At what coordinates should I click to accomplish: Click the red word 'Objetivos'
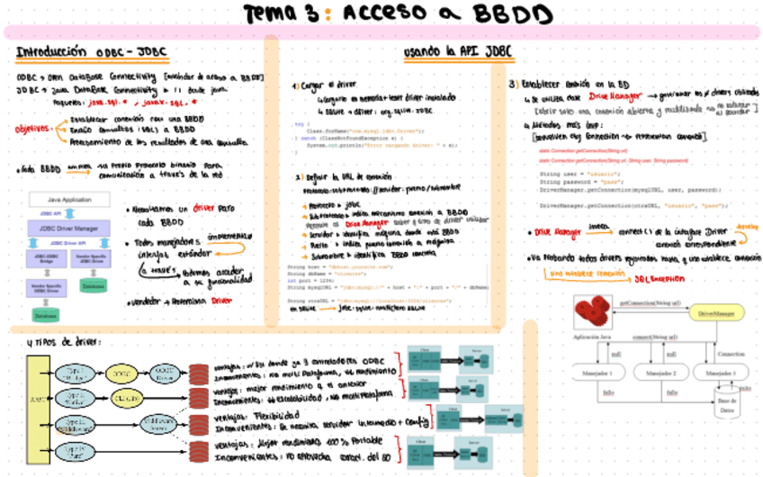33,129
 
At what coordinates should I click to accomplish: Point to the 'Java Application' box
68,199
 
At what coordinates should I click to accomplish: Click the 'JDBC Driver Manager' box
68,229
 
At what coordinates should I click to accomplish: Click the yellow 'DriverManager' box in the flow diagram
717,313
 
